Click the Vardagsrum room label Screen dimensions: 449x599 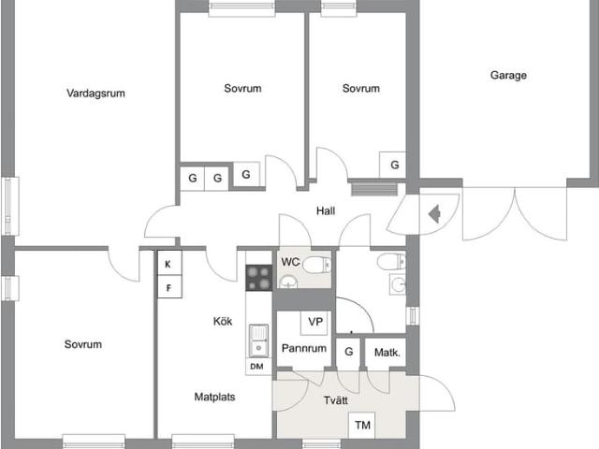pyautogui.click(x=95, y=93)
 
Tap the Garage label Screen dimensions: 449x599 pyautogui.click(x=508, y=76)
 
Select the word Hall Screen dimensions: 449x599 pyautogui.click(x=326, y=211)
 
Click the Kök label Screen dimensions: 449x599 pyautogui.click(x=222, y=322)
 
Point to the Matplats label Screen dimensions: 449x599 pyautogui.click(x=214, y=396)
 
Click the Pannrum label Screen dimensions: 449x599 pyautogui.click(x=303, y=349)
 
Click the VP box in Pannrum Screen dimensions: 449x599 pyautogui.click(x=315, y=323)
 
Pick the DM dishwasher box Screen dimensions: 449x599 pyautogui.click(x=256, y=367)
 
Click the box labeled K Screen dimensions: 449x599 pyautogui.click(x=168, y=264)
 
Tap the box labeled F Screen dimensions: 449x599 pyautogui.click(x=168, y=287)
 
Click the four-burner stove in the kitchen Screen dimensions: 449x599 pyautogui.click(x=258, y=278)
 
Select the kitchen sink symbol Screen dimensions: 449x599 pyautogui.click(x=257, y=340)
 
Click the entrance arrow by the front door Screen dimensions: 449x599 pyautogui.click(x=434, y=215)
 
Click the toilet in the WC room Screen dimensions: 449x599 pyautogui.click(x=317, y=263)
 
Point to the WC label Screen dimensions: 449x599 pyautogui.click(x=291, y=262)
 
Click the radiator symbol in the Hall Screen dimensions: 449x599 pyautogui.click(x=361, y=190)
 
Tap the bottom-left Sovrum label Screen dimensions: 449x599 pyautogui.click(x=82, y=344)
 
